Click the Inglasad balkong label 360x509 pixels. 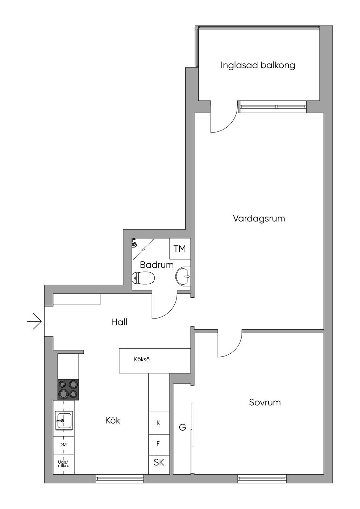click(258, 65)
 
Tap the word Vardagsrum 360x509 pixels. click(259, 219)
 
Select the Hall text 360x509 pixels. click(119, 322)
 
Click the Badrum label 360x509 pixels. click(156, 265)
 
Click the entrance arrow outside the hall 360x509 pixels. click(34, 321)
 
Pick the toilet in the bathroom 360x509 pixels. click(143, 278)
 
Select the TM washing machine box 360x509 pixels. click(180, 249)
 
